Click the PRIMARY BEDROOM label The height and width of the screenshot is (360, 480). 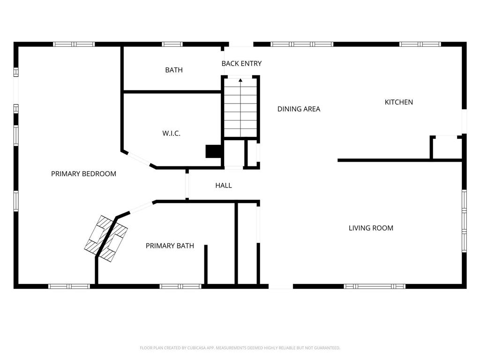(x=83, y=174)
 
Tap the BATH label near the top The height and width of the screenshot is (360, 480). (x=174, y=70)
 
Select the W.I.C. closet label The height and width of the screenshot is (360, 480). (x=172, y=134)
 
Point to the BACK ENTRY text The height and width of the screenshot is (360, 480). (x=241, y=64)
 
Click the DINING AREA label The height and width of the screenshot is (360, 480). (x=299, y=109)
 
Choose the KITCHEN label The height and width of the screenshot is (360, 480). (x=399, y=102)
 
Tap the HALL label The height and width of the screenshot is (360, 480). (x=224, y=186)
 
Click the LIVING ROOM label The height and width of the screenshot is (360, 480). (x=371, y=228)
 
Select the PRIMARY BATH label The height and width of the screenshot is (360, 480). (x=170, y=246)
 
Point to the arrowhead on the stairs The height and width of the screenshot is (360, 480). (x=240, y=81)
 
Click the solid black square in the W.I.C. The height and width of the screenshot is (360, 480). (x=214, y=151)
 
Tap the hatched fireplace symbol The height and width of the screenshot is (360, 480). (x=107, y=239)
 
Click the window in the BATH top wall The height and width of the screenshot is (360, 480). (x=172, y=45)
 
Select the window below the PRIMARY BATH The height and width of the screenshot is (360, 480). (x=180, y=286)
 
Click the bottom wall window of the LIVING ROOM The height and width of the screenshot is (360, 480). (x=375, y=286)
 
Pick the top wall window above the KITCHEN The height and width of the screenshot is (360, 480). (x=420, y=45)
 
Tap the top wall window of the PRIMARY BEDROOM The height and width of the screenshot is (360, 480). (x=74, y=45)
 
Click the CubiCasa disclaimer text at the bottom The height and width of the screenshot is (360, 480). (x=240, y=348)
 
